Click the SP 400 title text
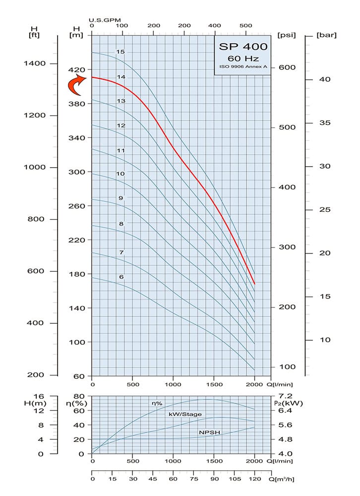click(x=243, y=47)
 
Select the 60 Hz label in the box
click(x=243, y=58)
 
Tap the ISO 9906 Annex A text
click(x=243, y=66)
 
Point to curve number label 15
click(x=120, y=52)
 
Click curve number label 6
click(x=120, y=277)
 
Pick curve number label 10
click(x=120, y=174)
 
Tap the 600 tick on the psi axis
click(x=286, y=67)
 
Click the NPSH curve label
click(x=209, y=433)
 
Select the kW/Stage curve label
click(x=185, y=414)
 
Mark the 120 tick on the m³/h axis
click(x=254, y=479)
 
